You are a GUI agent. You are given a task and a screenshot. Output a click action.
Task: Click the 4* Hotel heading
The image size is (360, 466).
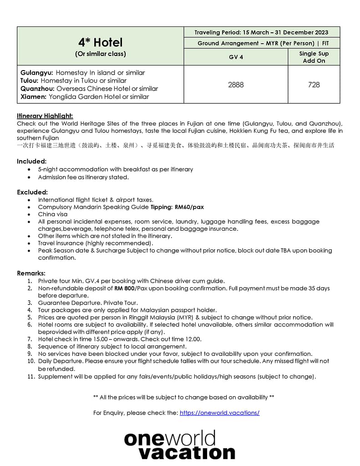pos(100,42)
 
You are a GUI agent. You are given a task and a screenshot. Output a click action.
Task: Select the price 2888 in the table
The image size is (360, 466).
pos(236,85)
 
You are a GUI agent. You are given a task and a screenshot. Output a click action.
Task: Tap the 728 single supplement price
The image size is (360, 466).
pos(314,85)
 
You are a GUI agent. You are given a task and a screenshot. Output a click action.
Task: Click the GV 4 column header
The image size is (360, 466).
pos(236,57)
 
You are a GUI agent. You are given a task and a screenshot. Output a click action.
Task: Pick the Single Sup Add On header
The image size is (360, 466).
pos(314,57)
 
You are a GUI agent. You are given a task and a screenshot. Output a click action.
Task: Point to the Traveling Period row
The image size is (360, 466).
pos(261,32)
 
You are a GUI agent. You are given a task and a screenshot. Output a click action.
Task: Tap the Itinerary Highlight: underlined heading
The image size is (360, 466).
pos(45,116)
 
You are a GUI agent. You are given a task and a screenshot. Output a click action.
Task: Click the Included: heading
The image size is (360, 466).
pos(32,161)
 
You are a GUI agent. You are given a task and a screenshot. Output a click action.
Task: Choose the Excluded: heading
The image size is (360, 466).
pos(32,192)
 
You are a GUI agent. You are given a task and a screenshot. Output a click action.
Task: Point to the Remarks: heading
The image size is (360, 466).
pos(31,273)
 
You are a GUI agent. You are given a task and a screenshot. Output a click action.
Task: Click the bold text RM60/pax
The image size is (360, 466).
pos(189,207)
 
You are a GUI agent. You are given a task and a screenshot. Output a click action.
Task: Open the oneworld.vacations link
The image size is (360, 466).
pos(219,413)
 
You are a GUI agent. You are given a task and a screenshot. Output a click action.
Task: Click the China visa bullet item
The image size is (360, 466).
pos(52,214)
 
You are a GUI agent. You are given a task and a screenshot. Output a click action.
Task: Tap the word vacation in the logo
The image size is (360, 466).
pos(187,452)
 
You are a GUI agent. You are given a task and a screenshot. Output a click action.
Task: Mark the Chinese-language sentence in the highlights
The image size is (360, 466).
pos(175,146)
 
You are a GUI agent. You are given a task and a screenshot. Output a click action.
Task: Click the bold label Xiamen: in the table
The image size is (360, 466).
pos(33,96)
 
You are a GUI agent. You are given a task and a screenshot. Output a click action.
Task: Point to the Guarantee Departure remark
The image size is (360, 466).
pos(87,303)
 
